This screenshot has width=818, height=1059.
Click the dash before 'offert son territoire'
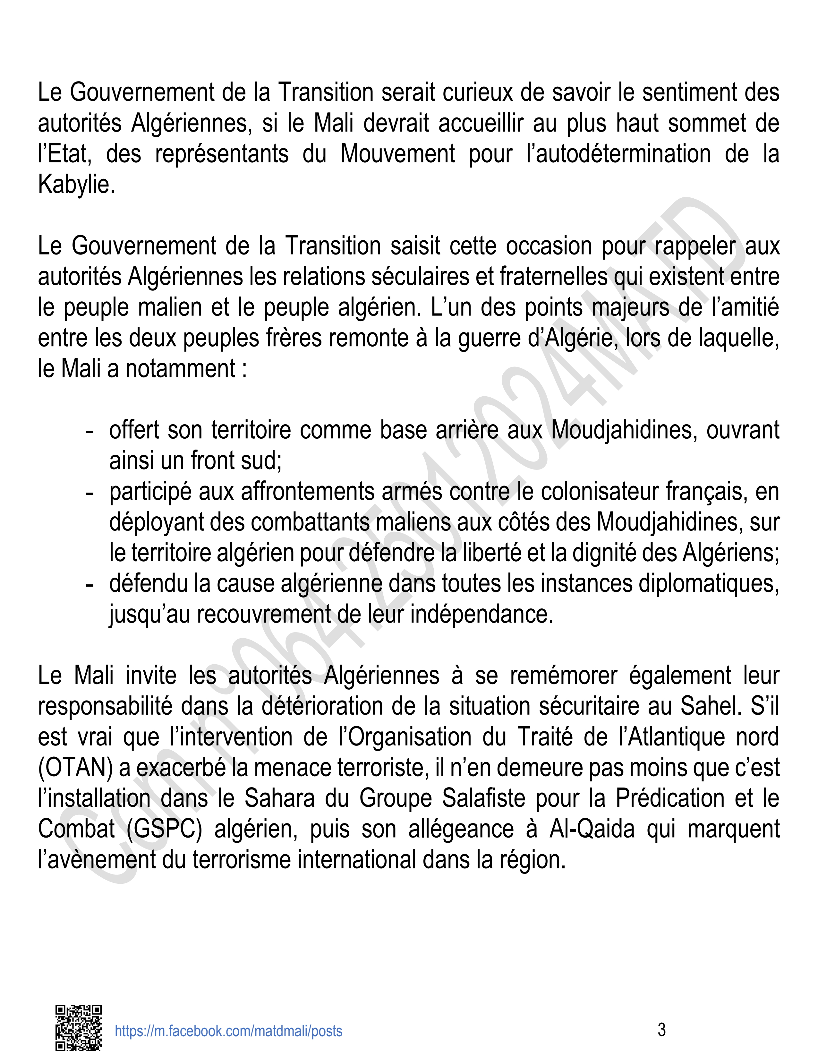[89, 431]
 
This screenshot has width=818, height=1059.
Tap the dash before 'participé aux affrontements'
[89, 492]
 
